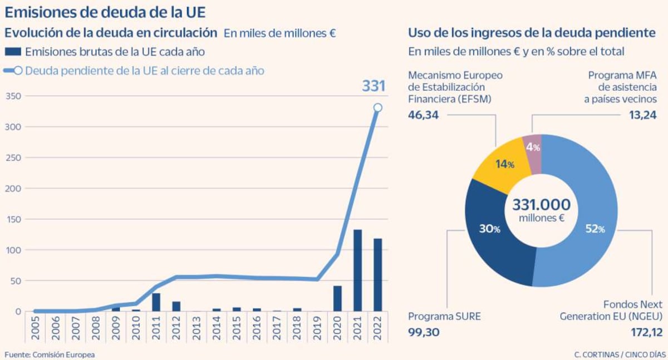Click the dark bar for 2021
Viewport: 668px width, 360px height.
[357, 270]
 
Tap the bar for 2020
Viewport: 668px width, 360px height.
[337, 298]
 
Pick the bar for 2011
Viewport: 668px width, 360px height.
[156, 302]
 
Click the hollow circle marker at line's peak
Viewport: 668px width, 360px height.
[377, 107]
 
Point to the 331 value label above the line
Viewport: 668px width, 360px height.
[374, 86]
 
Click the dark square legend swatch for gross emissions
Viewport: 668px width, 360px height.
[13, 52]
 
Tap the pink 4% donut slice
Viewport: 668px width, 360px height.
[532, 147]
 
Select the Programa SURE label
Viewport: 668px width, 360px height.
[444, 317]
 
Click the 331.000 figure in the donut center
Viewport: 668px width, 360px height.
[541, 204]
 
